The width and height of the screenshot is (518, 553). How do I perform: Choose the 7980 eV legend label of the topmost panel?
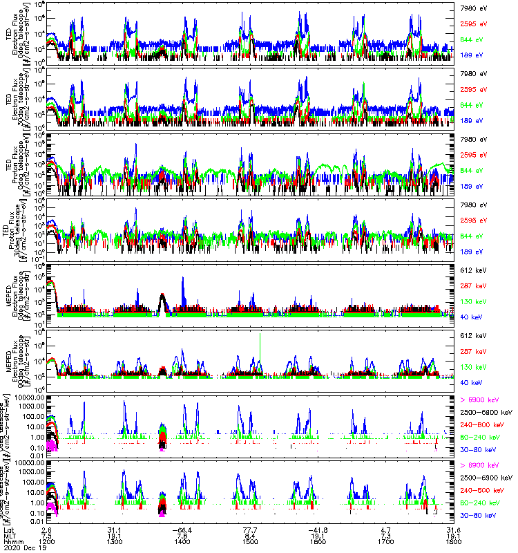tap(472, 6)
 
